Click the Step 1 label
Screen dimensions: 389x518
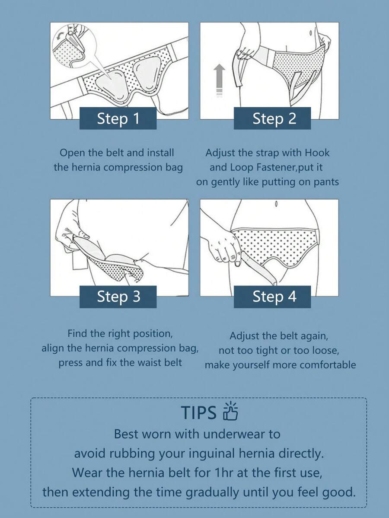[x=118, y=118]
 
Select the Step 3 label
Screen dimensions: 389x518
[x=118, y=297]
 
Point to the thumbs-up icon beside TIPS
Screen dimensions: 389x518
[x=230, y=411]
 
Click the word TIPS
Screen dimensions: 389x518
[x=198, y=412]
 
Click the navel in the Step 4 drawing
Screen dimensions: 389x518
[x=276, y=204]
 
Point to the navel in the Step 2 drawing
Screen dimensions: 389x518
[x=311, y=33]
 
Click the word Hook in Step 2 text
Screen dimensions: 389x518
[x=317, y=153]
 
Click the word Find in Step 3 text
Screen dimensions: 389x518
[x=78, y=333]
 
